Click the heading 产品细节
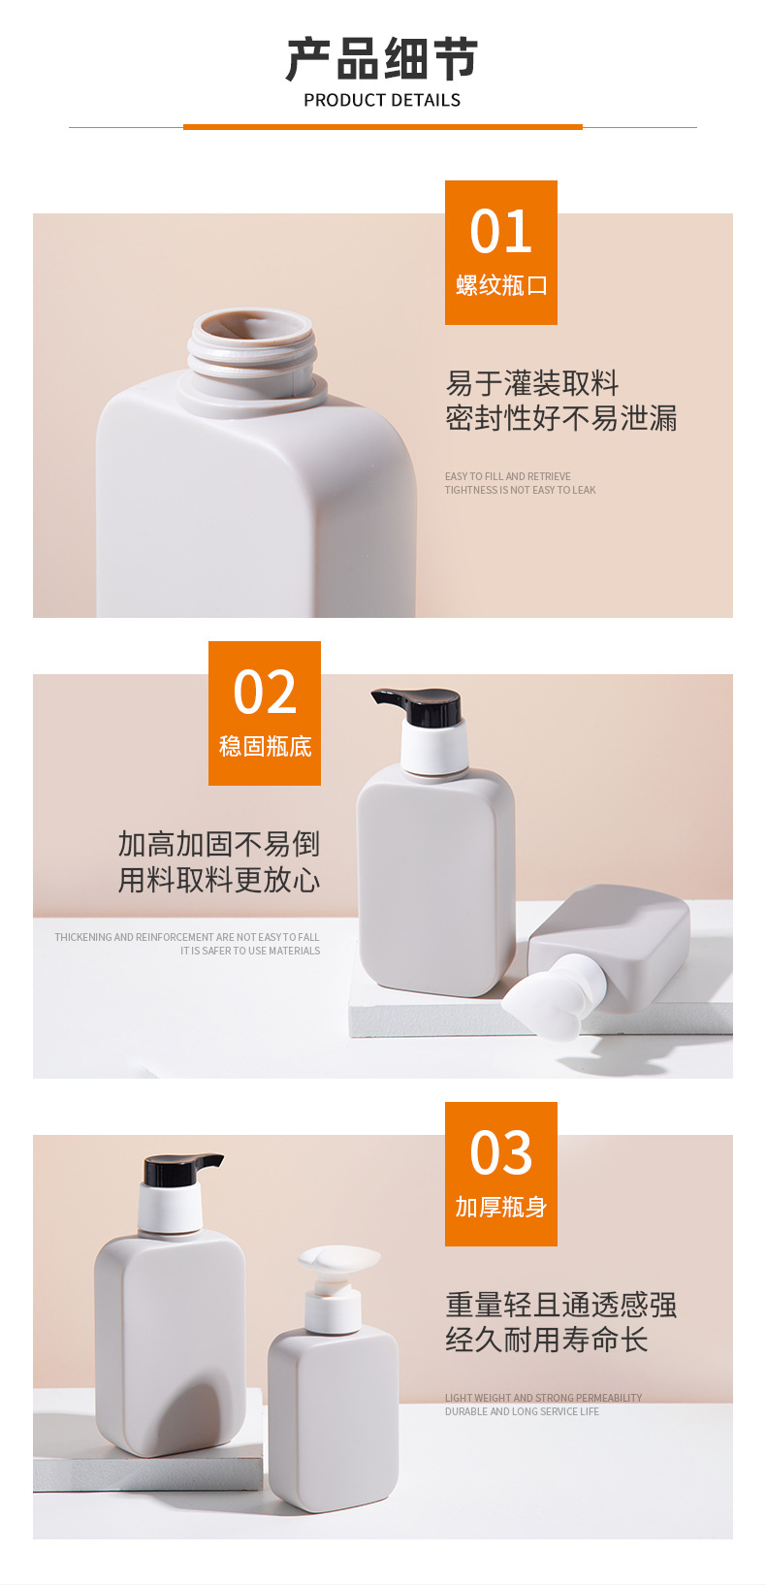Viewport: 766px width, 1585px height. [382, 59]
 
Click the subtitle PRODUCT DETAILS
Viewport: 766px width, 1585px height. [382, 101]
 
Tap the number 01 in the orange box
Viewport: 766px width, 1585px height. [500, 232]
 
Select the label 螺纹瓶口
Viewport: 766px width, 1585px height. [501, 285]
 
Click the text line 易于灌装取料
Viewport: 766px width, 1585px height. [532, 383]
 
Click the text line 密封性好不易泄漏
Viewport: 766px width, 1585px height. [560, 418]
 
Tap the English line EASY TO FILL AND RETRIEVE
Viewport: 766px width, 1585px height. [508, 476]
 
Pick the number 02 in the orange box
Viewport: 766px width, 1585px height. [265, 692]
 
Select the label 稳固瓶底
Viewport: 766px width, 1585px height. [266, 746]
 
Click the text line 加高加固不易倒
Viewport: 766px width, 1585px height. [218, 844]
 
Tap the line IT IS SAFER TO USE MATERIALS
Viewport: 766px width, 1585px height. [250, 951]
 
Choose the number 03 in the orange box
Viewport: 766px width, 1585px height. [500, 1152]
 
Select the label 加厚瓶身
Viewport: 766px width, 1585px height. [500, 1207]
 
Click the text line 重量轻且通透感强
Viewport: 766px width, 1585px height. [560, 1305]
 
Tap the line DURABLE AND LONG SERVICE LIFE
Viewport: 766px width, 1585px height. [522, 1411]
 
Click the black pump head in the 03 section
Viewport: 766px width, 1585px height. [181, 1169]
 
